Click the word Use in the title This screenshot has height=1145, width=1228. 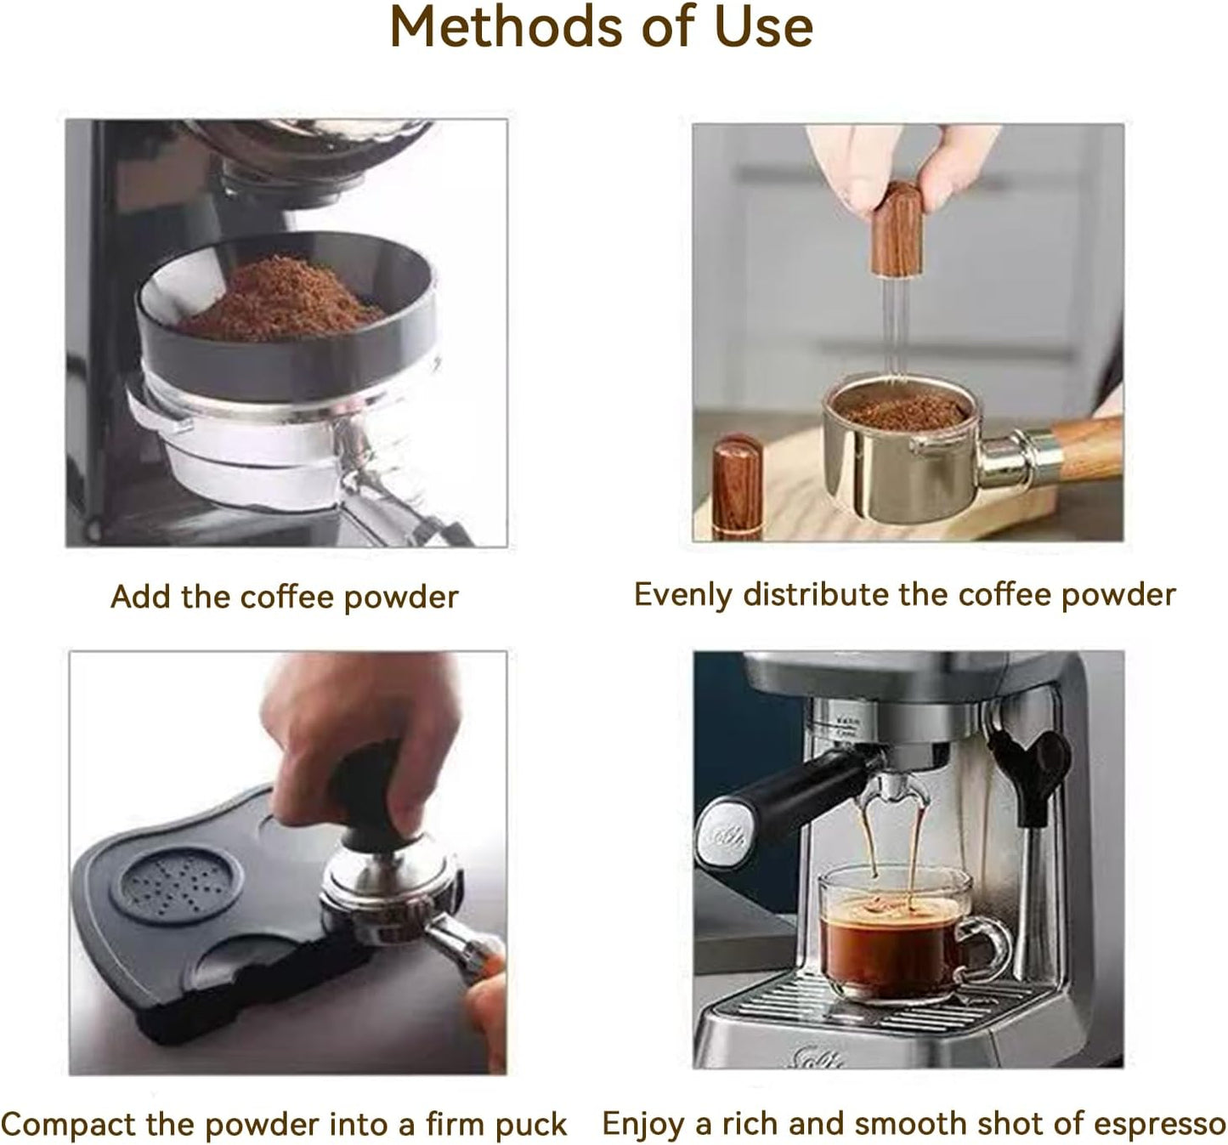click(x=763, y=27)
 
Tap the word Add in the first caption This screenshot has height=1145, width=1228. click(x=140, y=597)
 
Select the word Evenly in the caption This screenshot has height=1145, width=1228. click(x=682, y=595)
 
